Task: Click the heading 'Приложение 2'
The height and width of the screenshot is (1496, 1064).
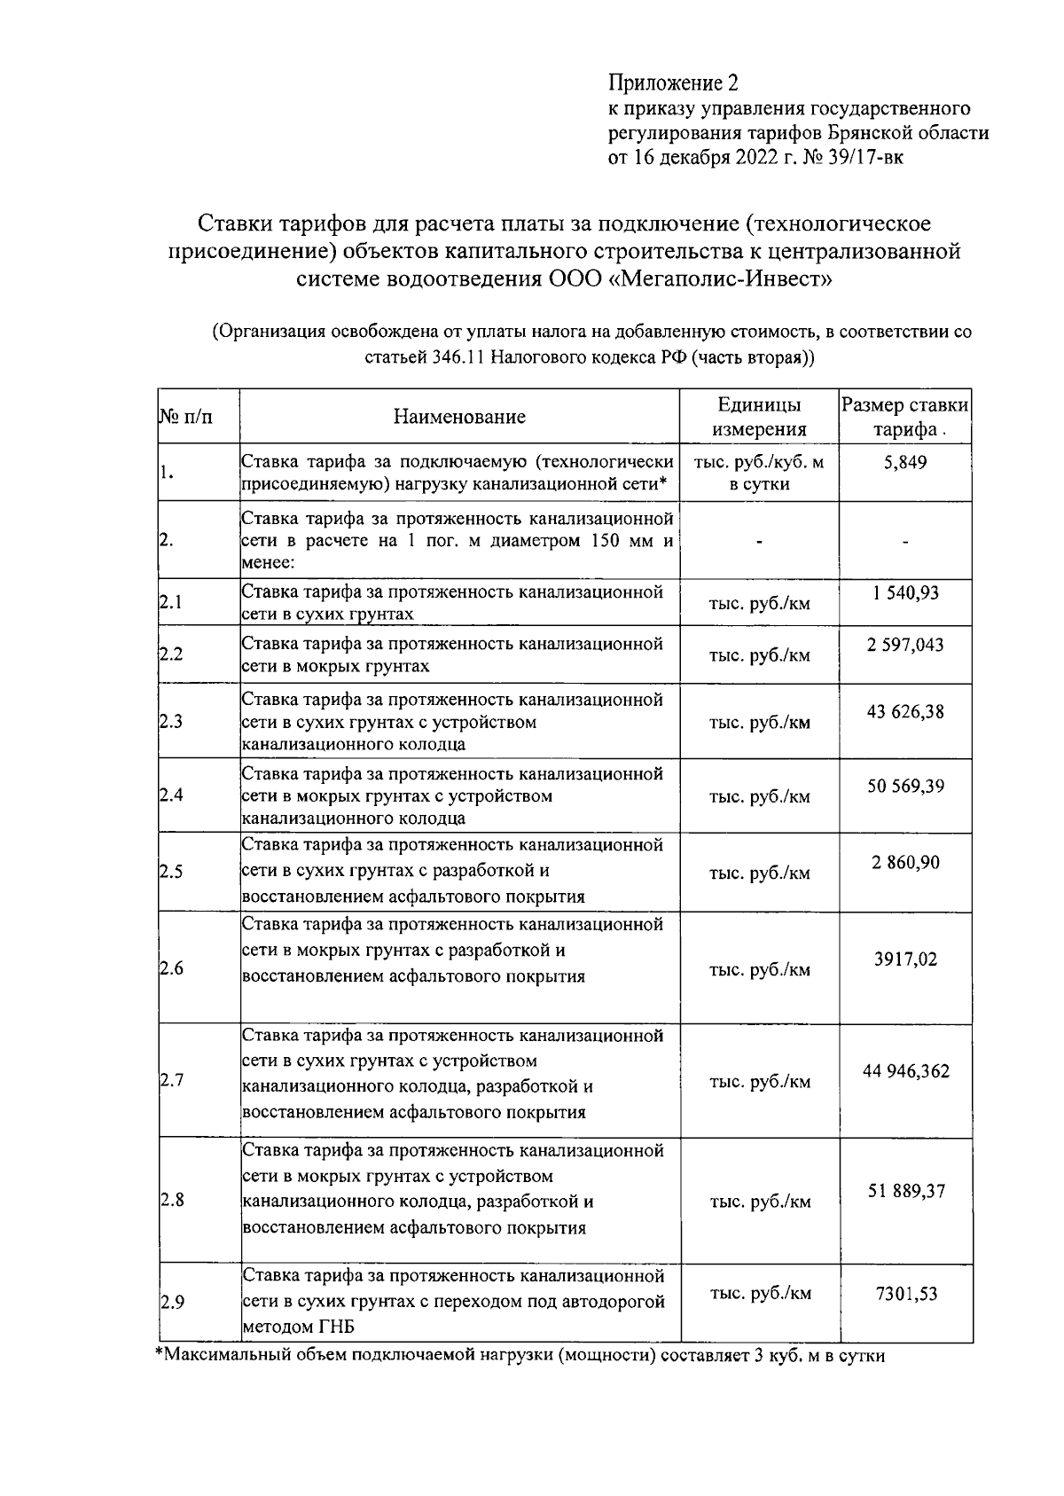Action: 672,83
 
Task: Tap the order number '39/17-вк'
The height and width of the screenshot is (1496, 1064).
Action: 857,158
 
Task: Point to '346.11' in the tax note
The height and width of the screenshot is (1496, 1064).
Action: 460,358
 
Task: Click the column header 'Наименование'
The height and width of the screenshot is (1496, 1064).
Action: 459,417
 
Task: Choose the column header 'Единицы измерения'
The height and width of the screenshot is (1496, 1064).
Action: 759,417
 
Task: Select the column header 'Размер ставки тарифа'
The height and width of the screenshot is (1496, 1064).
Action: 904,417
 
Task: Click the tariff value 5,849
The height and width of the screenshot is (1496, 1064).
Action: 904,462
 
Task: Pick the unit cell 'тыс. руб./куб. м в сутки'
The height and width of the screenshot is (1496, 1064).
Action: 759,473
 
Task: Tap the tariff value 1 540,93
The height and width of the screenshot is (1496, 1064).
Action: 904,592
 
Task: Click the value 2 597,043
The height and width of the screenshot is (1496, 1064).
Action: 904,645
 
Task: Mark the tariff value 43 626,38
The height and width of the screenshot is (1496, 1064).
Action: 904,711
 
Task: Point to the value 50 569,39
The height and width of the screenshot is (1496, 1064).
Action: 904,786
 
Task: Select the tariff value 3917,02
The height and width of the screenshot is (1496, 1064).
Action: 904,959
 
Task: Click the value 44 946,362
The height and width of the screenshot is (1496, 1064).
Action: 904,1071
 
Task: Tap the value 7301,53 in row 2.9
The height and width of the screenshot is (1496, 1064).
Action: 904,1294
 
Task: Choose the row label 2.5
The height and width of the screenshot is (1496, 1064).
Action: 171,872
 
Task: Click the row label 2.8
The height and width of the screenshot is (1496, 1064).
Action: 171,1201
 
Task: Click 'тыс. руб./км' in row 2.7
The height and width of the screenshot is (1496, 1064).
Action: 759,1082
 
